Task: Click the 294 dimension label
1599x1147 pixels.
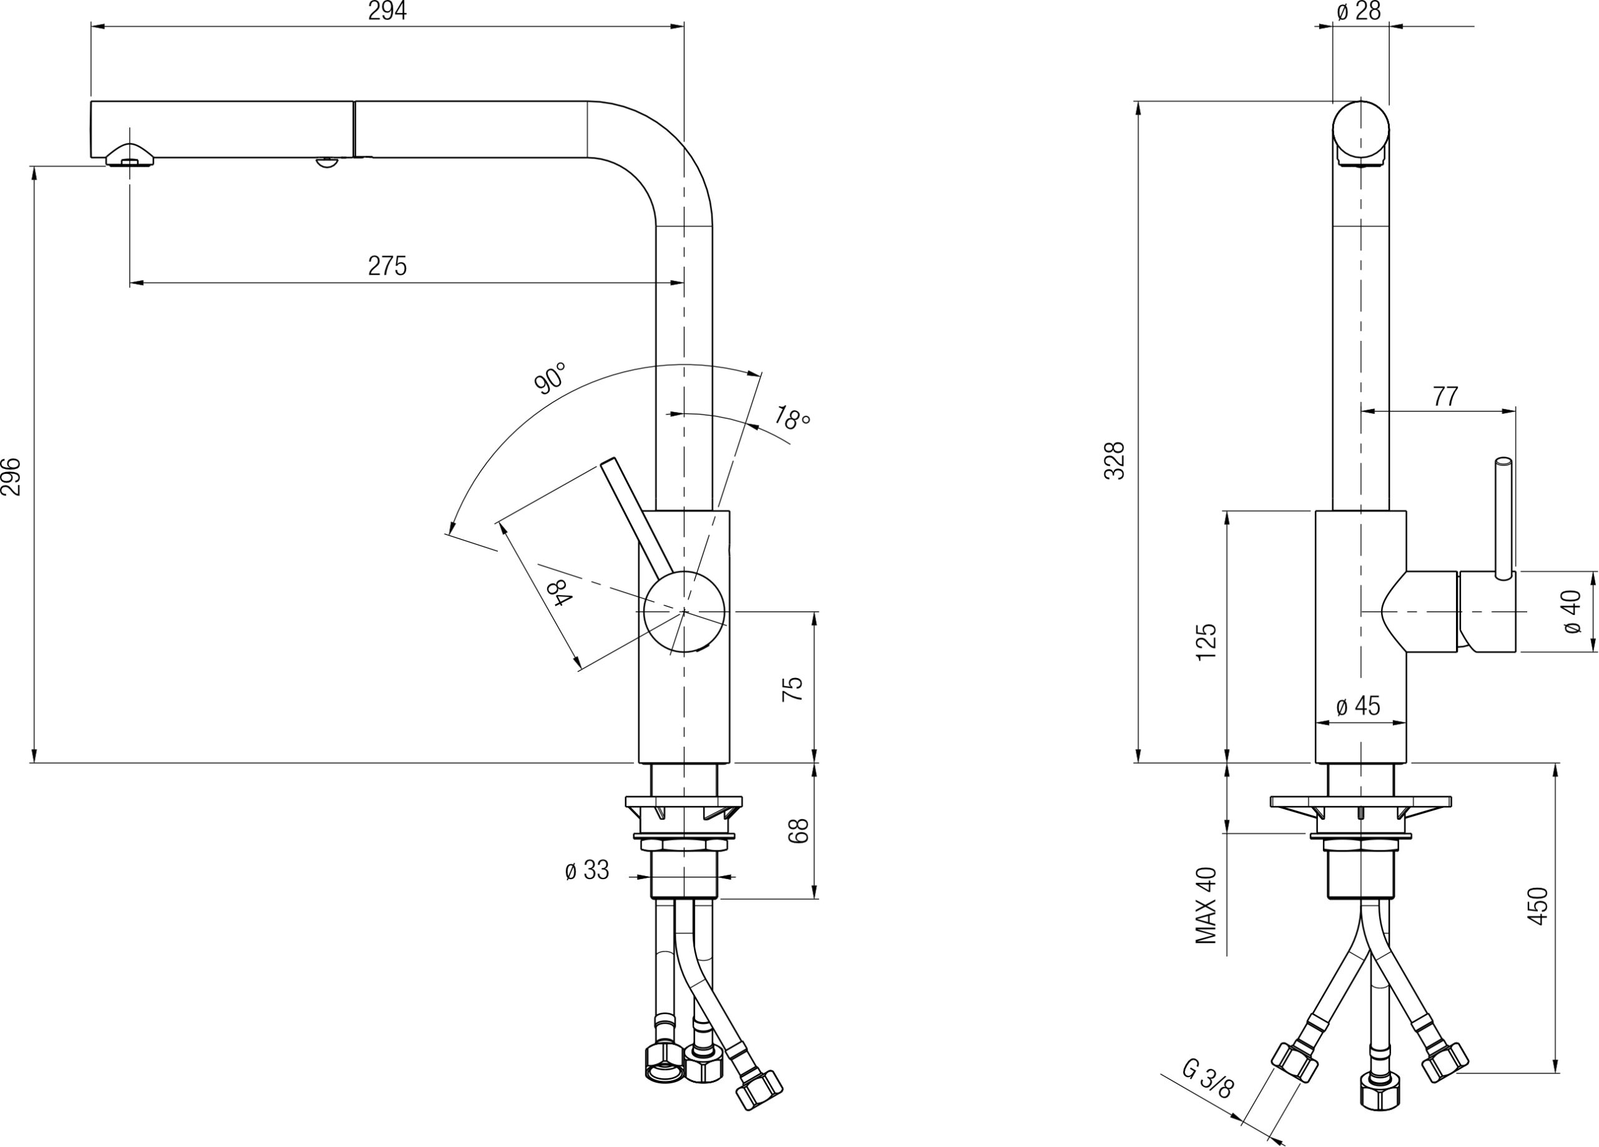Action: coord(387,11)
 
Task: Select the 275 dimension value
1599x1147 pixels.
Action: coord(387,267)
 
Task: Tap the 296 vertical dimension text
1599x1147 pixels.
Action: coord(11,477)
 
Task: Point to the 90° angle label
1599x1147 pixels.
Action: coord(551,378)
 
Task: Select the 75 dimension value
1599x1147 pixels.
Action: coord(793,688)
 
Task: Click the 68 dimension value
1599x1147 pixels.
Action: coord(798,831)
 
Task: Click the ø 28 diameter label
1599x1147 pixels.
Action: coord(1358,11)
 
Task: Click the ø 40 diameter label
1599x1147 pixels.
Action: coord(1572,611)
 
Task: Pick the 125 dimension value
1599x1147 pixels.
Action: coord(1206,641)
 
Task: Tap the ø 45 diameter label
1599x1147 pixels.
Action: coord(1358,706)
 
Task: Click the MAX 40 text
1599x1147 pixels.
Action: coord(1206,905)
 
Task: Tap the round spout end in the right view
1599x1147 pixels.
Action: coord(1360,130)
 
